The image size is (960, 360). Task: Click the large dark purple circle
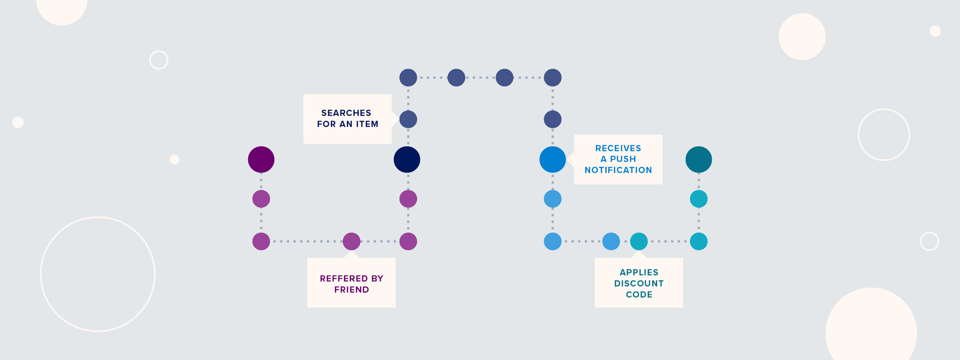[x=261, y=159]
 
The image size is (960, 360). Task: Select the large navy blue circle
[x=407, y=159]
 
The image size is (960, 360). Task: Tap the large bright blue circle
[x=552, y=159]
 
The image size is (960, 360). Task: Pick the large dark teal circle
[x=699, y=159]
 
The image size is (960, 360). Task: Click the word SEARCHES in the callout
[x=346, y=113]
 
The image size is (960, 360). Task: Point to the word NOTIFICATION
[x=618, y=170]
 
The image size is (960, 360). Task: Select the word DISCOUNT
[x=639, y=283]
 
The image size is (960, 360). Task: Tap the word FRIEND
[x=352, y=290]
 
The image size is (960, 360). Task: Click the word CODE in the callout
[x=639, y=295]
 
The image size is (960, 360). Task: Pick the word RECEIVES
[x=618, y=148]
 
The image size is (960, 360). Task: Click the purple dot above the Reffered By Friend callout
[x=352, y=241]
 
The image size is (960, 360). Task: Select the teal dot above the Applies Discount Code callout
[x=639, y=241]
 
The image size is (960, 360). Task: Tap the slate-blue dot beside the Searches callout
[x=408, y=119]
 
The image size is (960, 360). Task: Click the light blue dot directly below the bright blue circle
[x=553, y=198]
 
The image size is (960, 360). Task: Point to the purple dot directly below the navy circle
[x=408, y=198]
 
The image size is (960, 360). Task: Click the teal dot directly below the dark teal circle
[x=699, y=198]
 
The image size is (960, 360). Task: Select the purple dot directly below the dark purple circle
[x=261, y=198]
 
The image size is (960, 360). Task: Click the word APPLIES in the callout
[x=639, y=272]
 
